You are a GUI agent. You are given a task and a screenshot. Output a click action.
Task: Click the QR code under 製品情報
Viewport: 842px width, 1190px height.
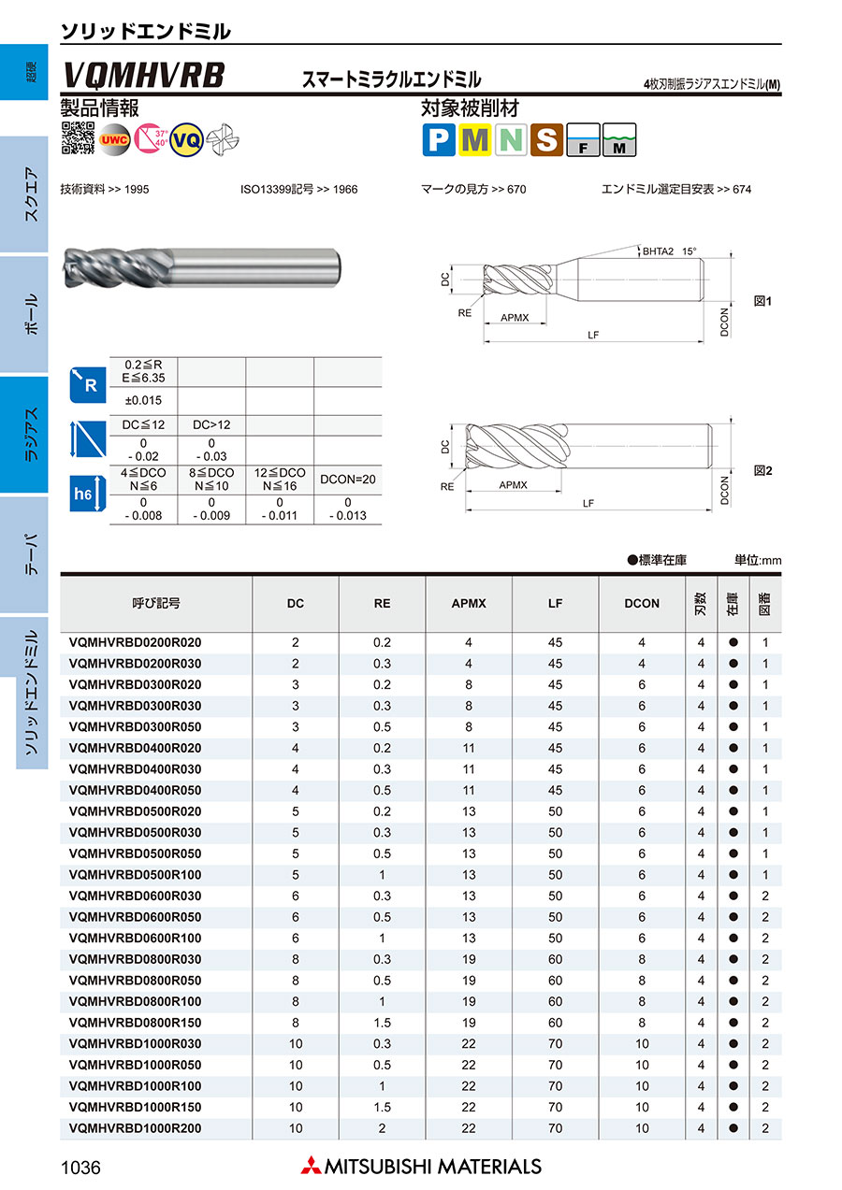coord(78,137)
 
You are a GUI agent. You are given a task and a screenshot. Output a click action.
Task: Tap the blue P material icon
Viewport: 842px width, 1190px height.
coord(439,139)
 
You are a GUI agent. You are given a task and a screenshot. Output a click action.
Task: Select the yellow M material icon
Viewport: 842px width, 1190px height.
coord(475,139)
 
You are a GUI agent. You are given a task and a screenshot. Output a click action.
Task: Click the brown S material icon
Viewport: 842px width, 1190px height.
coord(546,139)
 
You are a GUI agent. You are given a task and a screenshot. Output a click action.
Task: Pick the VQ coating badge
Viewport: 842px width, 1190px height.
coord(187,138)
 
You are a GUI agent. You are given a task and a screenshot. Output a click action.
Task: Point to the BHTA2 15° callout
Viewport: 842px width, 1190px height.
coord(671,251)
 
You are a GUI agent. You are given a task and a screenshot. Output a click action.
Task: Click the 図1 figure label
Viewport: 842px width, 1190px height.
coord(762,301)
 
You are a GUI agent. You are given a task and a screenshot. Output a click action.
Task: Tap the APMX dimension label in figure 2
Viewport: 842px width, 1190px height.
coord(513,485)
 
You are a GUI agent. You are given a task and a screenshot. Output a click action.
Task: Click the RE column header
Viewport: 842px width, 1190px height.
coord(382,604)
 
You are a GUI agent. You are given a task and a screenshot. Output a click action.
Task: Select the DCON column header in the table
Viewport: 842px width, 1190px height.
coord(642,604)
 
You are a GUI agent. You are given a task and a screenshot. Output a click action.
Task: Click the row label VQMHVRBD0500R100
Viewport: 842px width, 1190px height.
coord(136,875)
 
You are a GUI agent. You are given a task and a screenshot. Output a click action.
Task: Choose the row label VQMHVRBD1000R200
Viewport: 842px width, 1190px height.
coord(136,1128)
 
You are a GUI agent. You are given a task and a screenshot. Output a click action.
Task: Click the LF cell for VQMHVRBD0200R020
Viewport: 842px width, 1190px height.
coord(556,643)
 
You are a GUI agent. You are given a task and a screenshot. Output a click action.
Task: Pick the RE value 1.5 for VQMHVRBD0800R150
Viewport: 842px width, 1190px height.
coord(382,1023)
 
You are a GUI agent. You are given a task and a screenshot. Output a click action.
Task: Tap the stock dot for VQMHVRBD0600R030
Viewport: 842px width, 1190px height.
coord(733,896)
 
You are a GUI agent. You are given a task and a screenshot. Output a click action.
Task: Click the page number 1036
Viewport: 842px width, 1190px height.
coord(80,1168)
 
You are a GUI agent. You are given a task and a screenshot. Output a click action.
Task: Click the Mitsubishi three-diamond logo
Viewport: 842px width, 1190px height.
coord(310,1166)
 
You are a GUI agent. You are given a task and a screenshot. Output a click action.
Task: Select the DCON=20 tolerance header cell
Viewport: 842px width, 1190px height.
coord(348,479)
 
